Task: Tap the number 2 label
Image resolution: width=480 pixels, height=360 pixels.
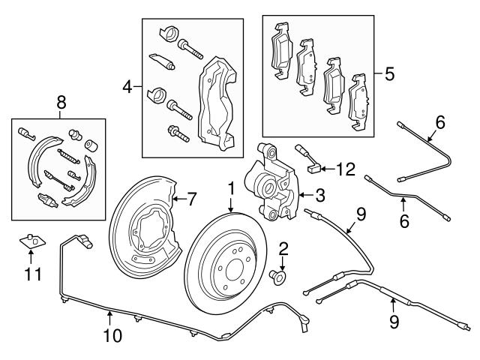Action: pos(283,249)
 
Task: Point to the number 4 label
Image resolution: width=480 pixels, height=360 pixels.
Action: pos(127,88)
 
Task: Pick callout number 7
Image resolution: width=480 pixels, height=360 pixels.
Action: pos(191,199)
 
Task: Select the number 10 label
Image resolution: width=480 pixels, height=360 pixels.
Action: pos(112,336)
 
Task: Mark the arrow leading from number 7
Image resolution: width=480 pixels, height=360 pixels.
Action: pos(177,199)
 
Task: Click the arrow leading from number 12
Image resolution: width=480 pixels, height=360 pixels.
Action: pos(328,170)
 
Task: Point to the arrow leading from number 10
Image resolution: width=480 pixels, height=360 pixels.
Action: pos(111,318)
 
